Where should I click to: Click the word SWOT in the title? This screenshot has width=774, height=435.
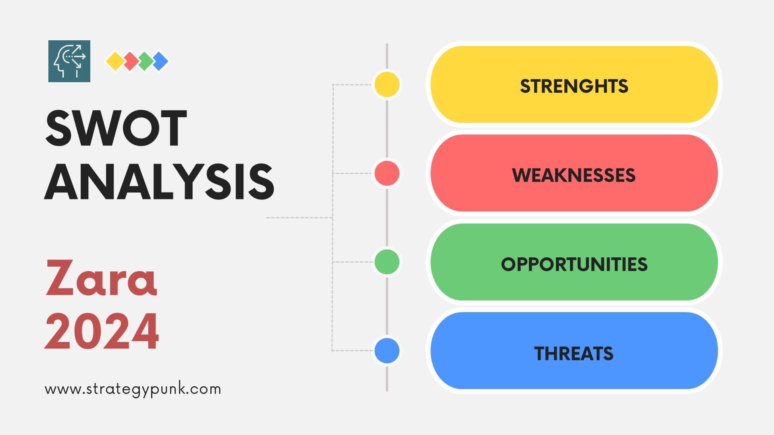(116, 128)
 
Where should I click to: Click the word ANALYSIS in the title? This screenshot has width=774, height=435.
(160, 182)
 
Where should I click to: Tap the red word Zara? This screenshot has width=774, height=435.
(101, 278)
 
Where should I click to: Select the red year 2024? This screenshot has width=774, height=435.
(102, 331)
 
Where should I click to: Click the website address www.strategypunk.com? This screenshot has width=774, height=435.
(133, 389)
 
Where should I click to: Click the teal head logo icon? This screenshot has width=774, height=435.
(69, 61)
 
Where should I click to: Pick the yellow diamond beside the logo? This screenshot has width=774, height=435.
(115, 61)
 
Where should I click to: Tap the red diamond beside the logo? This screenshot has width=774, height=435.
(130, 61)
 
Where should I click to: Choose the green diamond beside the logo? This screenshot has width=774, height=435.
(145, 61)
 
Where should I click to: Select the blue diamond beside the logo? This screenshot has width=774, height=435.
(160, 61)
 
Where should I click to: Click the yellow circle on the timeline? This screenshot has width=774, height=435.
(387, 85)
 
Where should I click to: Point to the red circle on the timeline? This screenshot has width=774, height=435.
(387, 173)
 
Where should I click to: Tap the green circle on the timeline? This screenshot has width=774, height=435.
(387, 262)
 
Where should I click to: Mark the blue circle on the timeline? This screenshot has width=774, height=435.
(387, 350)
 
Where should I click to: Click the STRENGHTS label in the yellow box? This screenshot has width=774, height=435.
(574, 86)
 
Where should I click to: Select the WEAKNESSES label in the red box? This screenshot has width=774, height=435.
(574, 175)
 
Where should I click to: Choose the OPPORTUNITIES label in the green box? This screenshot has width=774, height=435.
(574, 264)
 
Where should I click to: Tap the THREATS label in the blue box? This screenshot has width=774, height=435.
(574, 353)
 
